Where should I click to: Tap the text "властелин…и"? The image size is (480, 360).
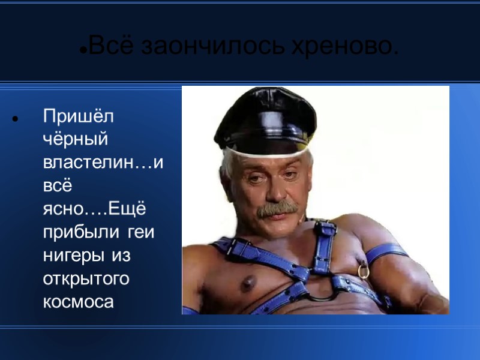pyautogui.click(x=103, y=162)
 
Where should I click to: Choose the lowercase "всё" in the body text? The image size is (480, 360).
pyautogui.click(x=56, y=185)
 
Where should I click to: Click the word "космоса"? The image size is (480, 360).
pyautogui.click(x=78, y=302)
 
